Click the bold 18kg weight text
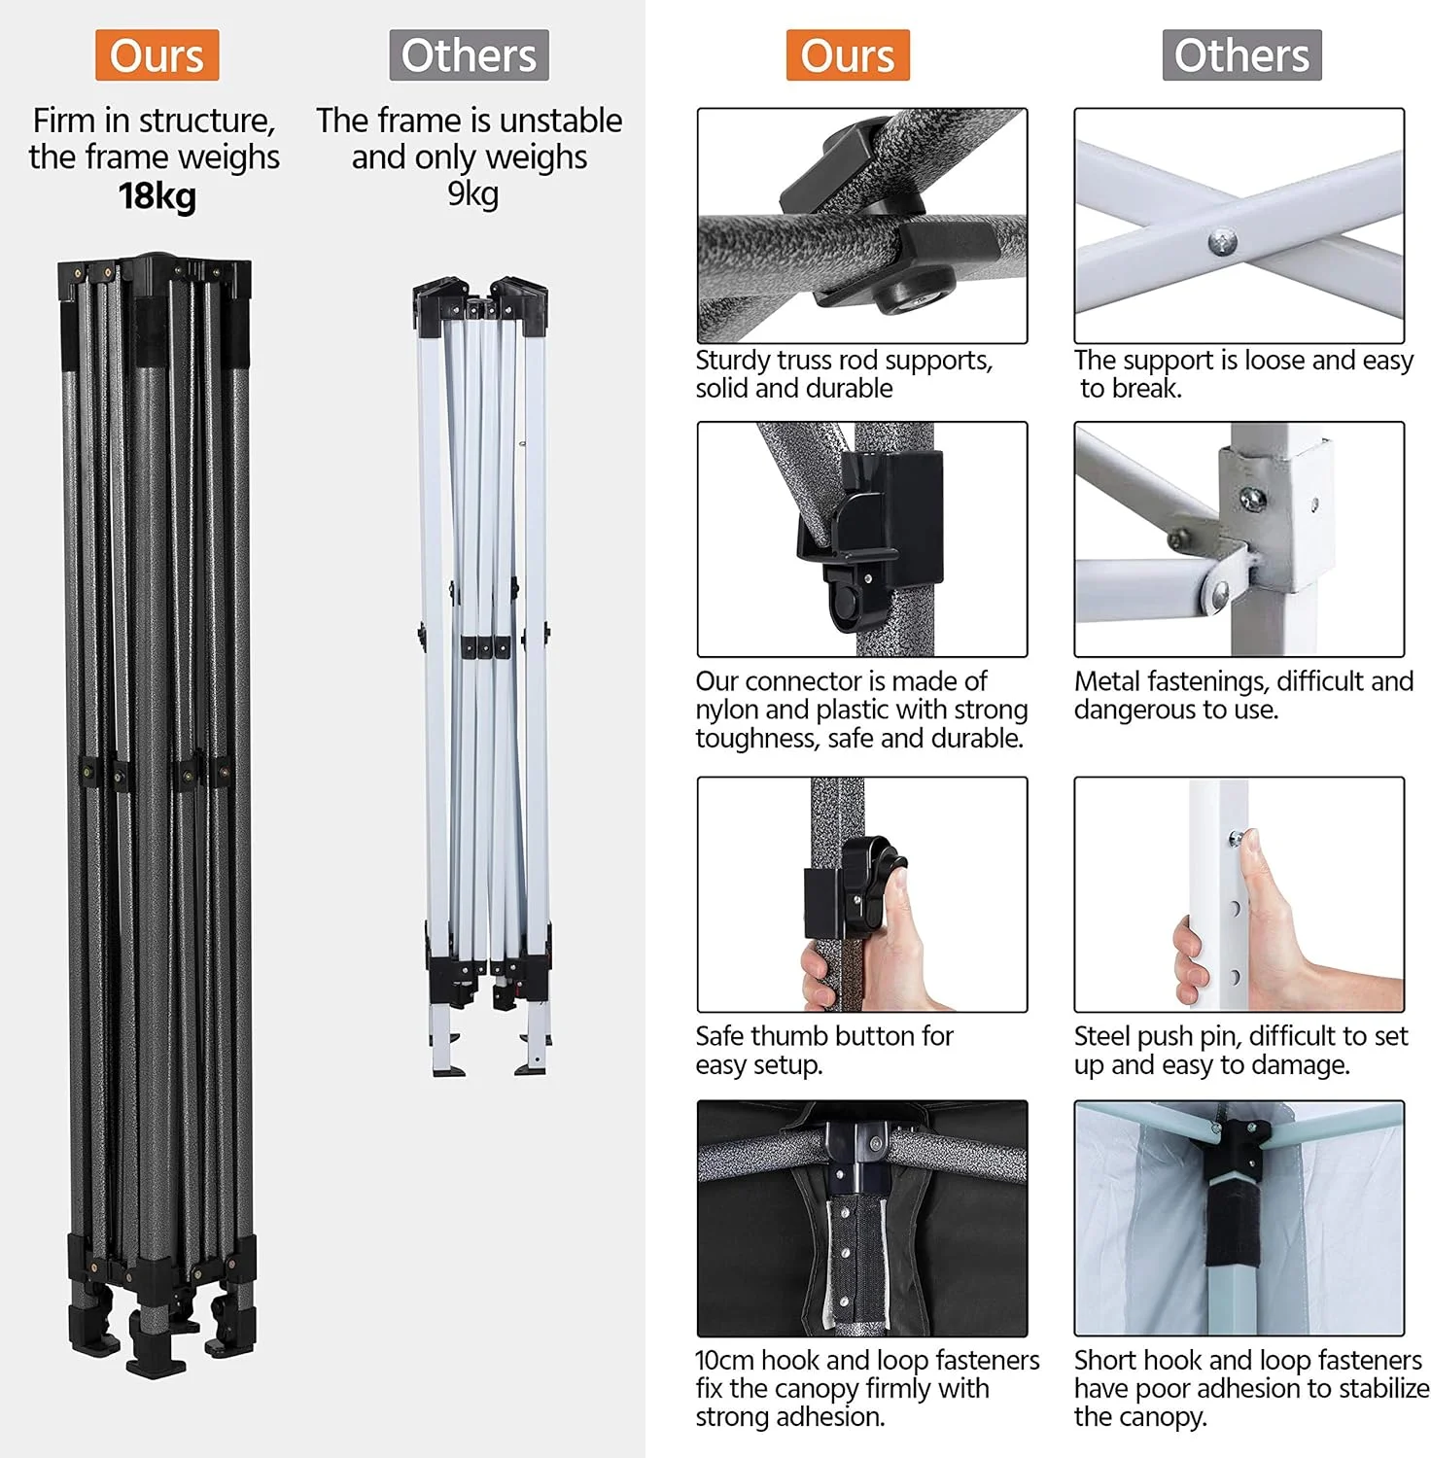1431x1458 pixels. tap(157, 195)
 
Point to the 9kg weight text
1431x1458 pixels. tap(472, 193)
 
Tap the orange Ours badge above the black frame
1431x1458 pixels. tap(157, 55)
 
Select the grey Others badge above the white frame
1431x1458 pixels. tap(469, 55)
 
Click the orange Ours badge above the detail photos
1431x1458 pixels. tap(848, 55)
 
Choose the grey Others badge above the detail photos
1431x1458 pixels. tap(1241, 55)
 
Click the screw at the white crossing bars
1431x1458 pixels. tap(1222, 242)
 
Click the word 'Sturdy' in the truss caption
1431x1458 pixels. tap(732, 361)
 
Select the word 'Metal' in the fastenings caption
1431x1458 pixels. tap(1106, 681)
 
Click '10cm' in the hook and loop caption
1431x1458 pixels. tap(724, 1360)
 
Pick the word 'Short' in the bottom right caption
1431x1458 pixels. tap(1104, 1360)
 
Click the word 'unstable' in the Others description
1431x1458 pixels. tap(561, 121)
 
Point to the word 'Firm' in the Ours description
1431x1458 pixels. tap(64, 121)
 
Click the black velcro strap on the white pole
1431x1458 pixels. tap(1232, 1224)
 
